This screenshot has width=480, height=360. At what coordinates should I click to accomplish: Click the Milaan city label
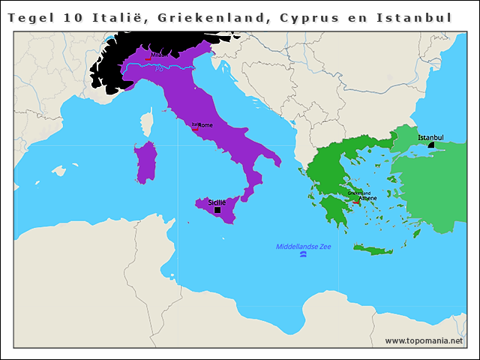pyautogui.click(x=160, y=55)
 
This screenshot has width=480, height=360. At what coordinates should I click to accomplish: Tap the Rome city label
pyautogui.click(x=205, y=125)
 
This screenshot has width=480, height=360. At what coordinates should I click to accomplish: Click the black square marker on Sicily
pyautogui.click(x=217, y=210)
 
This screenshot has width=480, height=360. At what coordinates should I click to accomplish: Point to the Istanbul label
pyautogui.click(x=430, y=137)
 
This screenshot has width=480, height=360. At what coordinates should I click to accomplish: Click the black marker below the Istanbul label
pyautogui.click(x=431, y=145)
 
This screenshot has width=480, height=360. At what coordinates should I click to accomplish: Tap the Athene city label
pyautogui.click(x=367, y=198)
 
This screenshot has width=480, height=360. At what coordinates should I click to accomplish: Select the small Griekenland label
pyautogui.click(x=360, y=193)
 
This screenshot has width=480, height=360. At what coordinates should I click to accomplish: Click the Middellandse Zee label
pyautogui.click(x=303, y=247)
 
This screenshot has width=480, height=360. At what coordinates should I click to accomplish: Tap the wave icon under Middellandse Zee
pyautogui.click(x=303, y=256)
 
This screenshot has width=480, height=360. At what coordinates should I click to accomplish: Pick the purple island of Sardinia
pyautogui.click(x=145, y=162)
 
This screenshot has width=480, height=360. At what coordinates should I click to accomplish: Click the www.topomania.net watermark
pyautogui.click(x=424, y=341)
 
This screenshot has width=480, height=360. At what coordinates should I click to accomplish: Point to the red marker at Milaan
pyautogui.click(x=149, y=58)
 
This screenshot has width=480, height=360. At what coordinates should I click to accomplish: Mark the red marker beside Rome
pyautogui.click(x=195, y=128)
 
